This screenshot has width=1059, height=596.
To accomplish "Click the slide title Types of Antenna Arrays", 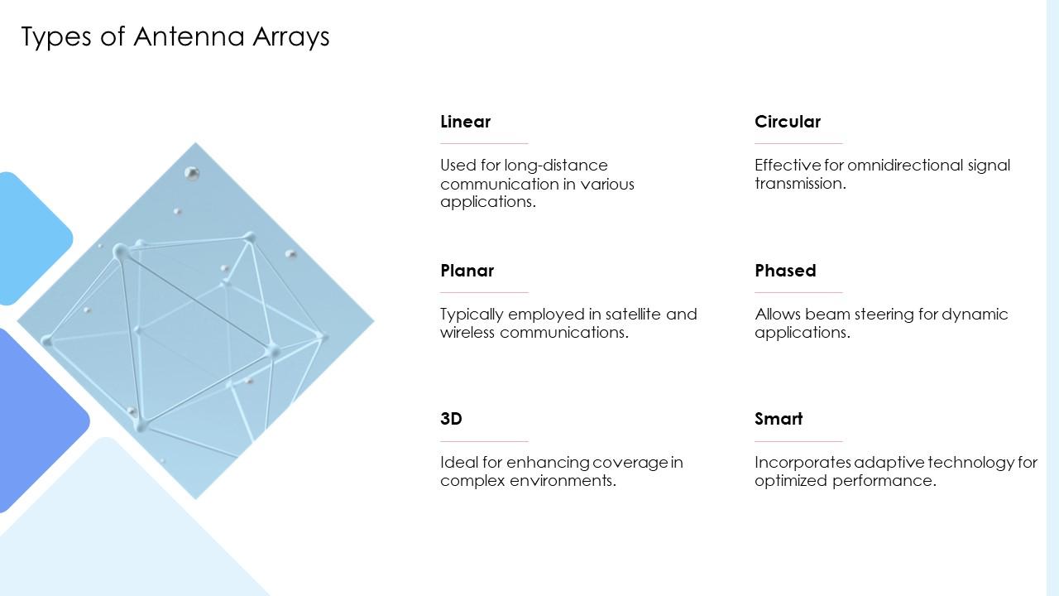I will point(175,36).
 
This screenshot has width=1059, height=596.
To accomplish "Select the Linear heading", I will point(465,122).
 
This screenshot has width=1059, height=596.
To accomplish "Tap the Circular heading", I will point(787,122).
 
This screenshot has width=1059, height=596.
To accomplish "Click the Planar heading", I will point(467,271).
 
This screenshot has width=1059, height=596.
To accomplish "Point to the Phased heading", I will point(785,271).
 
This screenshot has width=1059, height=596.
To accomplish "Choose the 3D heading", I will point(451,419).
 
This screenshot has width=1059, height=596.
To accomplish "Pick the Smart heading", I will point(779,419).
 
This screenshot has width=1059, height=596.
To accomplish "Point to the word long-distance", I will point(556,165).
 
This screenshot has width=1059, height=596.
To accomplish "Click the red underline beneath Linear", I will point(484,143).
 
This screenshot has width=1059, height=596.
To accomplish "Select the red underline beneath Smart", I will point(798,441).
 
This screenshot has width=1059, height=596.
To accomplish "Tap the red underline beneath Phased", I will point(798,292).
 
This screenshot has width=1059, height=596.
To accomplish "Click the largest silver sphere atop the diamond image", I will point(192,173).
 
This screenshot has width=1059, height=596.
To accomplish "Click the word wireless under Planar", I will point(467,332).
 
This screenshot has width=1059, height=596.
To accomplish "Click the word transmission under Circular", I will point(799,183).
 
